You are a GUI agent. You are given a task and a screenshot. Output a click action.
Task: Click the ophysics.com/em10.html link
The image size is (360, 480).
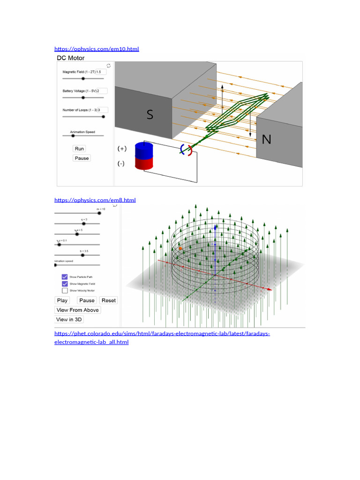97,49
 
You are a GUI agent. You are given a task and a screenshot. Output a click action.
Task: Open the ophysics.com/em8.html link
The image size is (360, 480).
95,200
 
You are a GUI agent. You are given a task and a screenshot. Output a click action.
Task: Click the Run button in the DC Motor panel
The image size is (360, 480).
80,149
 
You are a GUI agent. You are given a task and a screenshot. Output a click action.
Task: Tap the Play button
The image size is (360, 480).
62,300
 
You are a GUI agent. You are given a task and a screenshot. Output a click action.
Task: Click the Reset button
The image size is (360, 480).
109,300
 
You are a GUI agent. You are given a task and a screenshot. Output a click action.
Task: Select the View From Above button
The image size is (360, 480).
77,310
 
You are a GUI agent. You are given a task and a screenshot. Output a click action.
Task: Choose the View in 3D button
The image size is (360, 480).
69,320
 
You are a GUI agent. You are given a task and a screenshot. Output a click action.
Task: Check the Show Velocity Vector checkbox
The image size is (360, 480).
65,290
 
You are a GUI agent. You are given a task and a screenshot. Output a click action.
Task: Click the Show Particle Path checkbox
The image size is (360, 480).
65,277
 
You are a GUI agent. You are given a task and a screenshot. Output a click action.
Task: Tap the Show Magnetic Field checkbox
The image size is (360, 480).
65,284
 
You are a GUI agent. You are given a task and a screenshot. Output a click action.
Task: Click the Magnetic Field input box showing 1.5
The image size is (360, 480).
101,72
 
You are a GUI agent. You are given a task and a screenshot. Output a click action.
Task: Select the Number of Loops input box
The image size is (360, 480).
103,110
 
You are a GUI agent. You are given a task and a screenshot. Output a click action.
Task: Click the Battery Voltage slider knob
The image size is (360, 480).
83,97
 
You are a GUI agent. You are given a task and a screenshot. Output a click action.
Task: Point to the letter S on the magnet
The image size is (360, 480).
150,115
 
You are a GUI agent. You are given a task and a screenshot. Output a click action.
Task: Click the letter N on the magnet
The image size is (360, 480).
266,139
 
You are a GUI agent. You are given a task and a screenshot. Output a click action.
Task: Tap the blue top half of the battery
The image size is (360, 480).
144,150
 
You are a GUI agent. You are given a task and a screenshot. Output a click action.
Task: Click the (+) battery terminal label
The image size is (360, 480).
122,149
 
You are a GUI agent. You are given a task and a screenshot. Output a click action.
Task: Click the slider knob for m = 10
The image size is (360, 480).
99,213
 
